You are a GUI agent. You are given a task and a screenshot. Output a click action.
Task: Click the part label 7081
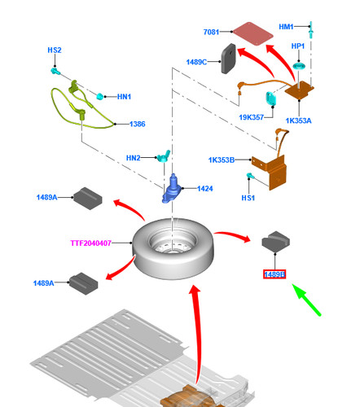coord(211,32)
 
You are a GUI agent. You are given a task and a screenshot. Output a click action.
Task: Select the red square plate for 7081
coord(253,33)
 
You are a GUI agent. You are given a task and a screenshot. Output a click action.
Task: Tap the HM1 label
coord(286,27)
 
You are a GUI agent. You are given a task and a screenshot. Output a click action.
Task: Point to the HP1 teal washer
coord(299,66)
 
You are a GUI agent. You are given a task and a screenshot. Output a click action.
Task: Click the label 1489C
coord(196,62)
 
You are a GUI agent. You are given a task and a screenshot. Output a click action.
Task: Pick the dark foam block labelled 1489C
coord(229,59)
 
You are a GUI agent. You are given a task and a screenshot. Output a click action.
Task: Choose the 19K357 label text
coord(251,117)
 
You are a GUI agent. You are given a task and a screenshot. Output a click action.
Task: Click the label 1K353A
coord(298,120)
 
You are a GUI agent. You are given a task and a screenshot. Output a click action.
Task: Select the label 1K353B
coord(222,160)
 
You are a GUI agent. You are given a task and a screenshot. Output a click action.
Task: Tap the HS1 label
coord(248,198)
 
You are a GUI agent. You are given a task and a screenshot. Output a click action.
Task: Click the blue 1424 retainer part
coord(171,188)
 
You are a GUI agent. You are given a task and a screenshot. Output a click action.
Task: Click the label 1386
coord(138,124)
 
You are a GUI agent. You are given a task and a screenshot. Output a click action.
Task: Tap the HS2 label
coord(55,50)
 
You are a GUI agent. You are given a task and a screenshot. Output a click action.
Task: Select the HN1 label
coord(124,97)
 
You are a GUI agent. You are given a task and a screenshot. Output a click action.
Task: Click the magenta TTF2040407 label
coord(91,243)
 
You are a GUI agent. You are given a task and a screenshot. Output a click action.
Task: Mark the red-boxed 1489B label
coord(274,274)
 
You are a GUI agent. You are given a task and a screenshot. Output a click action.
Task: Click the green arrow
coord(306,300)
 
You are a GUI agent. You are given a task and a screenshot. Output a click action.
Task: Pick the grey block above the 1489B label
coord(276,242)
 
